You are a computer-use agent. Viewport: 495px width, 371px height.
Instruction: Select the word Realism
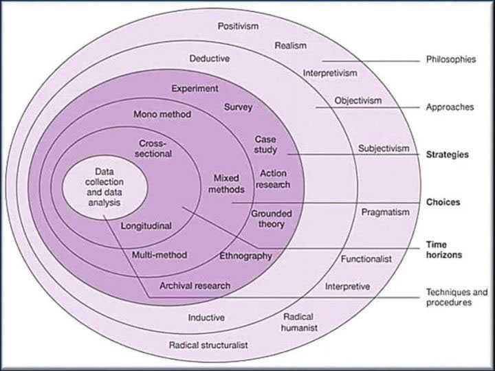tap(290, 45)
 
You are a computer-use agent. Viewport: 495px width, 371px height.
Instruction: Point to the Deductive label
tap(210, 58)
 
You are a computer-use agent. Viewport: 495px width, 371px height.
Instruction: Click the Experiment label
tap(195, 89)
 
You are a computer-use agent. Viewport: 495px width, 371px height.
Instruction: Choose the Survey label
tap(239, 107)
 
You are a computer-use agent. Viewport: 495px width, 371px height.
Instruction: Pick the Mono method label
tap(162, 114)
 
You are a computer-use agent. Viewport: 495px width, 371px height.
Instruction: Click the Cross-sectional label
tap(155, 148)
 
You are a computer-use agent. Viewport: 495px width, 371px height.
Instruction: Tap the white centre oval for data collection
tap(104, 185)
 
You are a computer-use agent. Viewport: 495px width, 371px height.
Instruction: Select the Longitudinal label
tap(146, 225)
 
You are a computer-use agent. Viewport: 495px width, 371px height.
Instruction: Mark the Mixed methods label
tap(225, 183)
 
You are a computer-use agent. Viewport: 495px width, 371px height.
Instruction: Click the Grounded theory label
tap(271, 218)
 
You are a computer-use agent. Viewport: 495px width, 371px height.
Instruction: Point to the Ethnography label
tap(245, 256)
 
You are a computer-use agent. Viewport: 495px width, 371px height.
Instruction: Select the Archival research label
tap(195, 286)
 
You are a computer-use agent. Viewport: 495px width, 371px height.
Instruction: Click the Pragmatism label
tap(385, 212)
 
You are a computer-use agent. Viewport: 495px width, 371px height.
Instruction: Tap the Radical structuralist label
tap(208, 345)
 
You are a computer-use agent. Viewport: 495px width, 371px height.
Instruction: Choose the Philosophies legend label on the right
tap(450, 60)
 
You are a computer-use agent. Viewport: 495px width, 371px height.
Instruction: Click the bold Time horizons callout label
tap(443, 249)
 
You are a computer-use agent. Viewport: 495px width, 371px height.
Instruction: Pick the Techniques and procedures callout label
tap(456, 297)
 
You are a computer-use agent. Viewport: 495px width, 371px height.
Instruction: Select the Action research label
tap(273, 179)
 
